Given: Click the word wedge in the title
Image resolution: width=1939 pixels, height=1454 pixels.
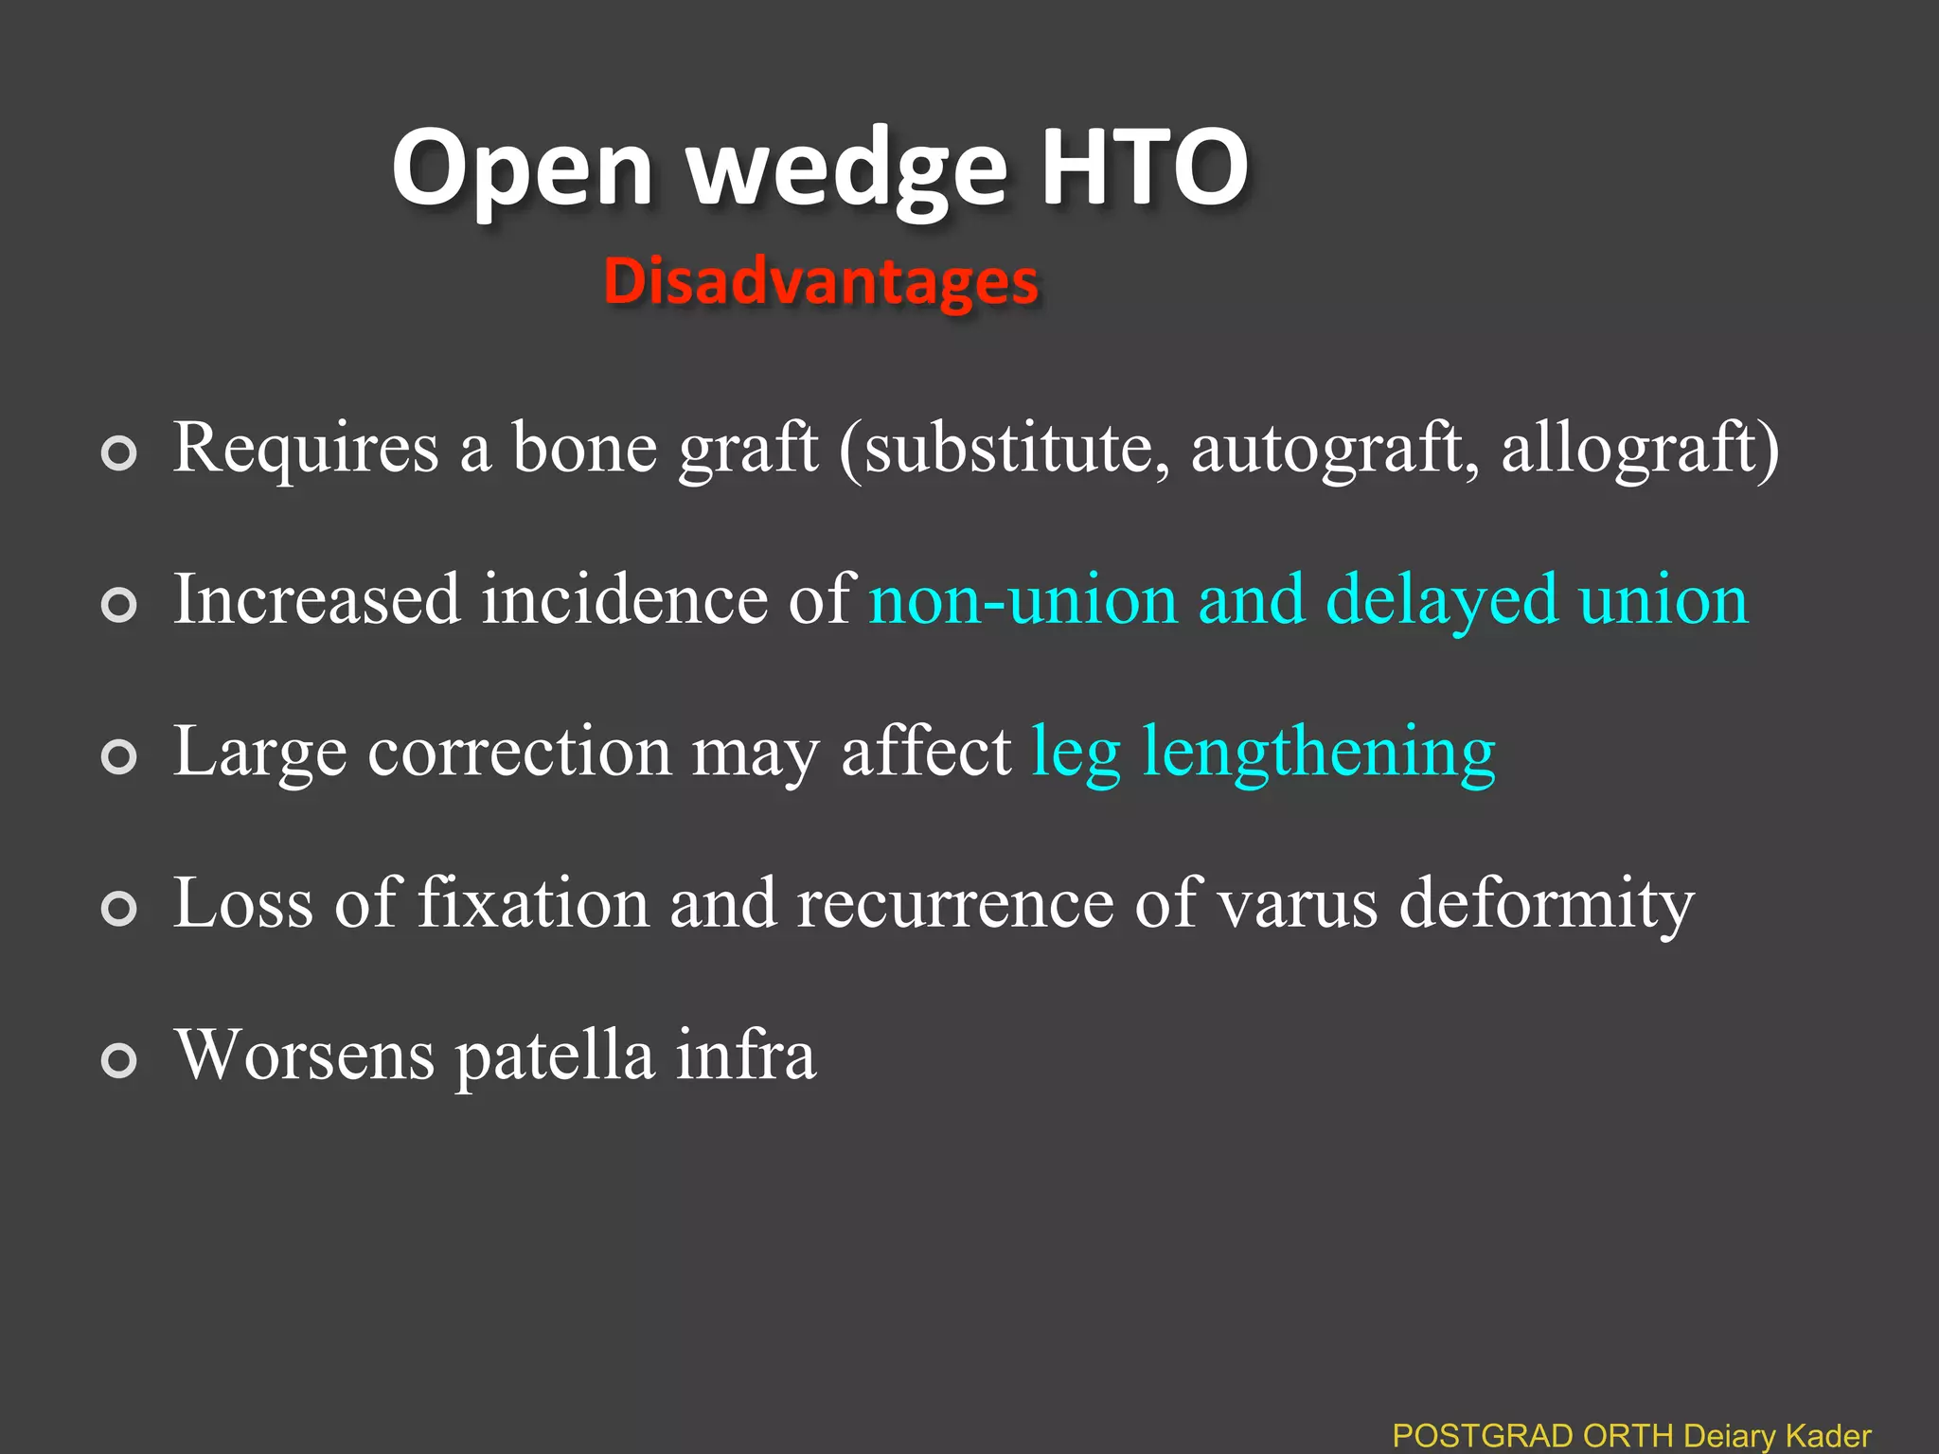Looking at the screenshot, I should pyautogui.click(x=846, y=170).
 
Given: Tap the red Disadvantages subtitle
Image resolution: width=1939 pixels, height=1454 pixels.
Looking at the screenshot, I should pyautogui.click(x=821, y=281).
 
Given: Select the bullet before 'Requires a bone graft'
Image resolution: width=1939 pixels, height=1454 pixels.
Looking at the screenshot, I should pyautogui.click(x=119, y=453).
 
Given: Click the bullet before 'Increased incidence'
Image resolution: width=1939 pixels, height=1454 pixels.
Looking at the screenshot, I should pyautogui.click(x=119, y=605).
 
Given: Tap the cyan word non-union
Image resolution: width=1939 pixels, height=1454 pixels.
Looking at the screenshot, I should pyautogui.click(x=1023, y=600).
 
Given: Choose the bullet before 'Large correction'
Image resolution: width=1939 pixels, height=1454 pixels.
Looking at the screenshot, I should pyautogui.click(x=119, y=756).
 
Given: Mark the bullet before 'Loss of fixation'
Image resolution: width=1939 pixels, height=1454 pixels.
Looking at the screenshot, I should pyautogui.click(x=119, y=908).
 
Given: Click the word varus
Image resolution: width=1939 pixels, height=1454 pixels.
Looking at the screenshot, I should pyautogui.click(x=1297, y=903).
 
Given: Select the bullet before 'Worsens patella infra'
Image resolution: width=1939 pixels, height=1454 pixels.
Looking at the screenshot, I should pyautogui.click(x=119, y=1059).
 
